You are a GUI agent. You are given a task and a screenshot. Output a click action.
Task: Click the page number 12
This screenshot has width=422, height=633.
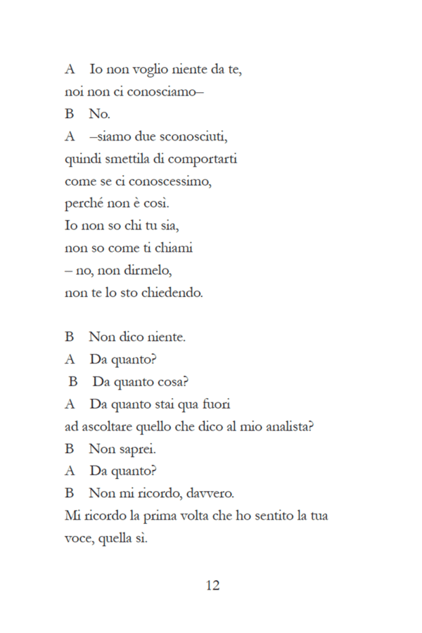coord(213,585)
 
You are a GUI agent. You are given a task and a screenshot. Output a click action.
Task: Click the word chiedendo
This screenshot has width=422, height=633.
coord(174,293)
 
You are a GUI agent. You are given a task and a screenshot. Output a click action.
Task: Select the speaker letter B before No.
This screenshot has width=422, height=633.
coord(70,114)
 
